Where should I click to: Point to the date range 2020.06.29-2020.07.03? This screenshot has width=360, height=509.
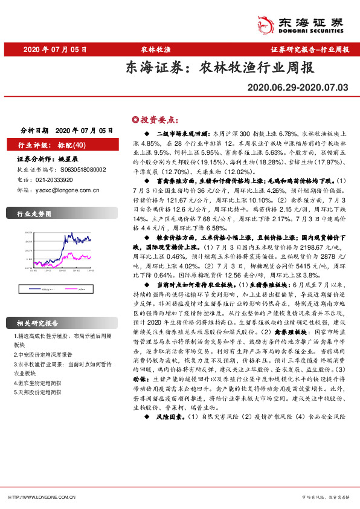tap(298, 88)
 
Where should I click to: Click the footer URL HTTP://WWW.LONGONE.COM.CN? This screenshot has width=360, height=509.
tap(42, 497)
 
